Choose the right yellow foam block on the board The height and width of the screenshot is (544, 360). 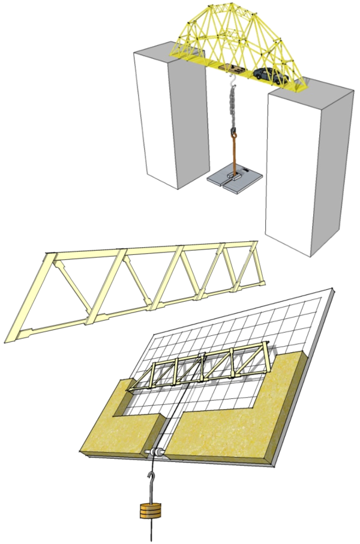tap(240, 414)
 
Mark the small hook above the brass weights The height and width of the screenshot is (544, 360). tap(150, 477)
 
